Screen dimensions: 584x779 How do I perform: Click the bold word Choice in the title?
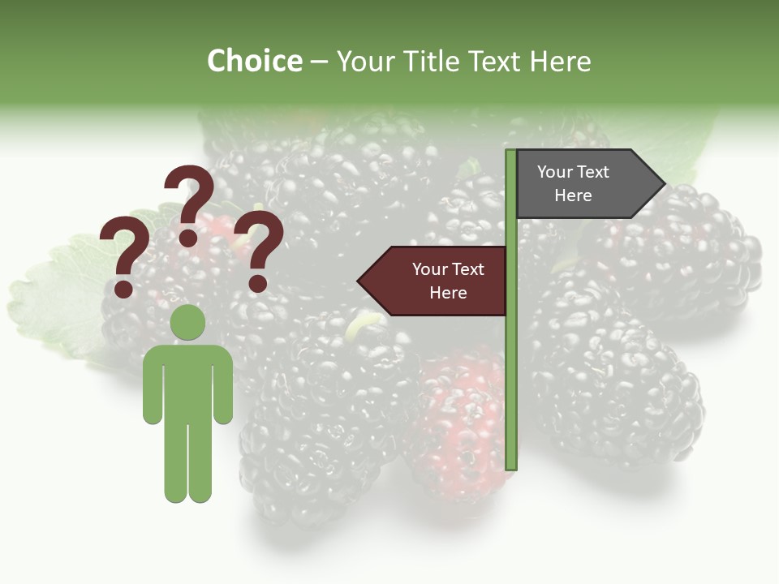[x=254, y=61]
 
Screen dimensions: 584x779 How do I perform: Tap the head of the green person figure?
[x=187, y=322]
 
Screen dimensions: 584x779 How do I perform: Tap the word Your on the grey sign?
[x=555, y=172]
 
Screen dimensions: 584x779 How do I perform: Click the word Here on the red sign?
[x=448, y=293]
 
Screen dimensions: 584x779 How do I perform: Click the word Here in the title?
[x=560, y=61]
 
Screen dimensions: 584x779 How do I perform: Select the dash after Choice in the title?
[x=319, y=62]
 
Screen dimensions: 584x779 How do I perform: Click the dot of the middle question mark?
[x=188, y=238]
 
